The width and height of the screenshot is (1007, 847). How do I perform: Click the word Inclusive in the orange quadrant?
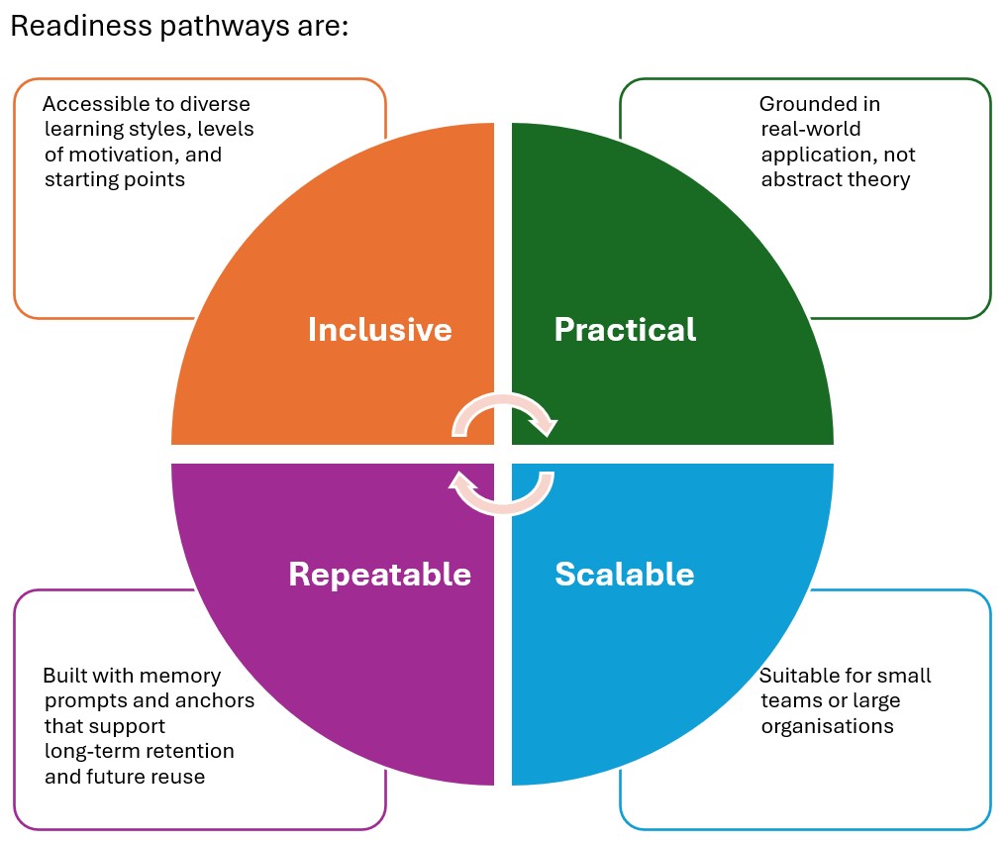coord(379,329)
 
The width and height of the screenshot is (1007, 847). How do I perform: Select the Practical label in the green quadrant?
coord(625,329)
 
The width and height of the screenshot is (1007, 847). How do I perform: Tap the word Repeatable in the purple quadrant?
coord(379,574)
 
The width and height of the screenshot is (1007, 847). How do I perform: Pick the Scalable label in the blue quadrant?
coord(624,574)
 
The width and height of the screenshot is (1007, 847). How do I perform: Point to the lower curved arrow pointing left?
coord(503,492)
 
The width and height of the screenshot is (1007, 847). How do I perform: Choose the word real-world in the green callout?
coord(810,130)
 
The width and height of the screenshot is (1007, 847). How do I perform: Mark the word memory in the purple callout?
coord(181,676)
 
